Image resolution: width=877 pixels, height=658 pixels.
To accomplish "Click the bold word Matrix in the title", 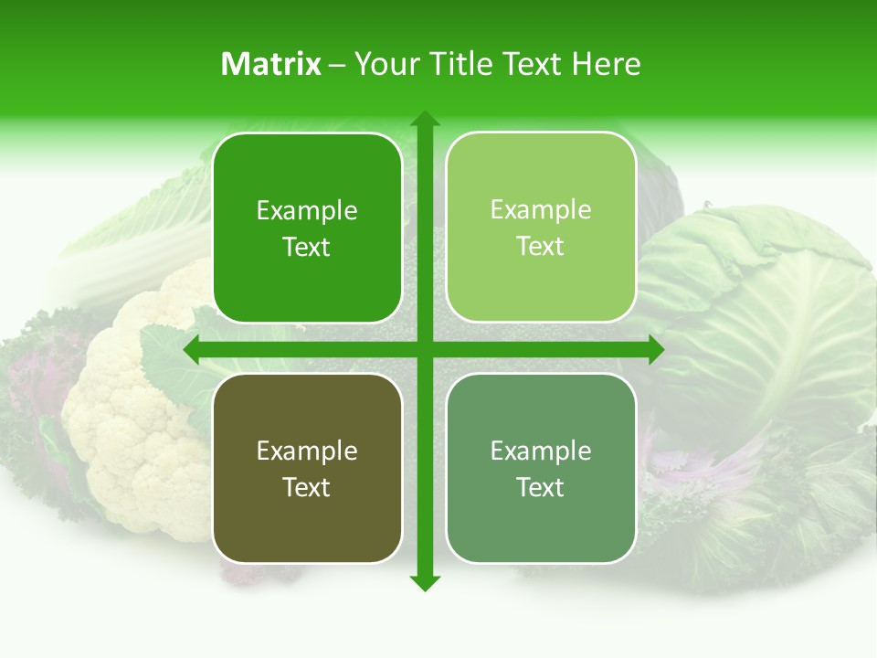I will pyautogui.click(x=271, y=63).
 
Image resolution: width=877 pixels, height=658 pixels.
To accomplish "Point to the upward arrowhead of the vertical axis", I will pyautogui.click(x=425, y=119).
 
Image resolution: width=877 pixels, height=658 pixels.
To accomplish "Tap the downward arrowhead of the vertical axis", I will pyautogui.click(x=425, y=583).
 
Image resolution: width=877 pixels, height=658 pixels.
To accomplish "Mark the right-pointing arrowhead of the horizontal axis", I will pyautogui.click(x=655, y=350).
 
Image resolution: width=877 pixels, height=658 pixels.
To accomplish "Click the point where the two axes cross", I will pyautogui.click(x=425, y=350).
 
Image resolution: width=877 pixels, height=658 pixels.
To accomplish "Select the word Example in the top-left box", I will pyautogui.click(x=307, y=211).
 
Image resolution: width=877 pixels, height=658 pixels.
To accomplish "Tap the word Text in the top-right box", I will pyautogui.click(x=541, y=247).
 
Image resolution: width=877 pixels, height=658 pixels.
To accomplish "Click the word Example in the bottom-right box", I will pyautogui.click(x=541, y=451).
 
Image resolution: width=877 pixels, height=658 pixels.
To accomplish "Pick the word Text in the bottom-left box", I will pyautogui.click(x=307, y=487).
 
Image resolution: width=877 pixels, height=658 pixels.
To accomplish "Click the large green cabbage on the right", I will pyautogui.click(x=767, y=320).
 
